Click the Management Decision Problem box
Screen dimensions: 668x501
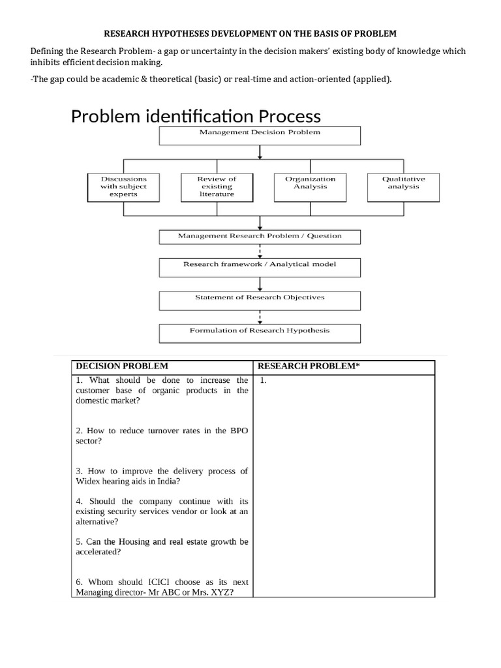pos(260,135)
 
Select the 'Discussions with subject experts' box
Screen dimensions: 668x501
pos(124,187)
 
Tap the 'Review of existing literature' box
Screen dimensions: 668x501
pos(216,187)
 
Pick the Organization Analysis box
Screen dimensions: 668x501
pos(311,187)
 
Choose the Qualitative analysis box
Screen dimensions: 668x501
pos(403,187)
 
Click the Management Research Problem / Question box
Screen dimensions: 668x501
pos(260,236)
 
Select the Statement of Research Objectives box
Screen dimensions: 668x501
pos(260,299)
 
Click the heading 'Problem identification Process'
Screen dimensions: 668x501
pos(196,116)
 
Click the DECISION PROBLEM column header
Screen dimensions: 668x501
pos(122,367)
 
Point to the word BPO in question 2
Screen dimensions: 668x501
pos(237,431)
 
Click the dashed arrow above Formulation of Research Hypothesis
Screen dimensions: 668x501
pos(260,318)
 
